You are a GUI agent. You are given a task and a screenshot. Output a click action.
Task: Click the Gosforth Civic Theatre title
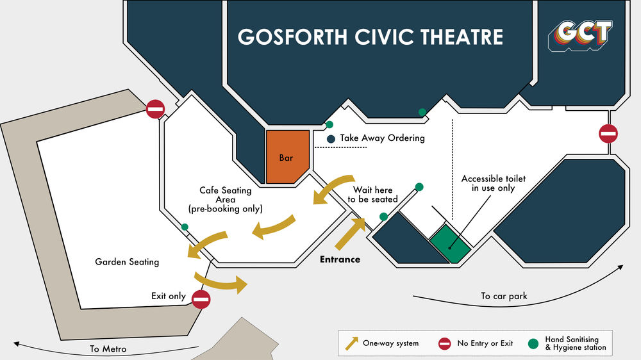tap(370, 37)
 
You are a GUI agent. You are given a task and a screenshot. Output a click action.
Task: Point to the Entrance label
tap(340, 259)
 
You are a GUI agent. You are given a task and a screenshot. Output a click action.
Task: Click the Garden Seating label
tap(127, 262)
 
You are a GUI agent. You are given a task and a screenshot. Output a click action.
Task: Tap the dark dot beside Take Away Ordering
tap(331, 139)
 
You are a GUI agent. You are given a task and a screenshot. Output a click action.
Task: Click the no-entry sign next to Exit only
tap(201, 299)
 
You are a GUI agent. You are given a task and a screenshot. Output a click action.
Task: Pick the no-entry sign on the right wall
tap(608, 134)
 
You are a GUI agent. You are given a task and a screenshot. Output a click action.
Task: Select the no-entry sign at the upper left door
tap(155, 110)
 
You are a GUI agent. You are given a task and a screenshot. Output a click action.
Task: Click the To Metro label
tap(107, 349)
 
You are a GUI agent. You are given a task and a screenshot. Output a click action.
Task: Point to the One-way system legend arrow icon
tap(351, 343)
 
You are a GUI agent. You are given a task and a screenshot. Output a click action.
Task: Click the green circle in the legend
tap(533, 343)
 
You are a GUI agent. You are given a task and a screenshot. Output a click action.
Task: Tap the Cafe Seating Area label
tap(226, 199)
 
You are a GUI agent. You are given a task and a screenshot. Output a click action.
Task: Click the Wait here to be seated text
tap(372, 195)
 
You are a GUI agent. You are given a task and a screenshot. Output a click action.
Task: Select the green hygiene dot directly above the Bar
tap(329, 124)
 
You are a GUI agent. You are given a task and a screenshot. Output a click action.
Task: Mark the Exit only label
tap(168, 296)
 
